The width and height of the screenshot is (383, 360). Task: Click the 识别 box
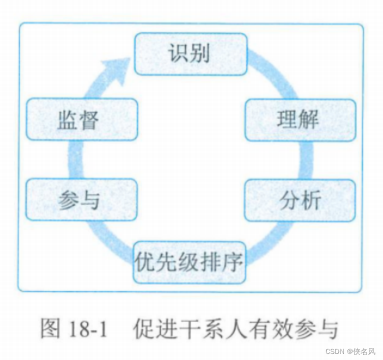click(x=190, y=54)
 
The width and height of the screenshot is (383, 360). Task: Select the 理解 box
click(x=300, y=120)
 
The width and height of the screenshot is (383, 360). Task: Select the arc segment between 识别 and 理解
click(x=273, y=75)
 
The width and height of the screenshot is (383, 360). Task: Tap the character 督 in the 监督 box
click(x=89, y=120)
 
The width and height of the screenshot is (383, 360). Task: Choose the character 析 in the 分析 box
click(x=310, y=200)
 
